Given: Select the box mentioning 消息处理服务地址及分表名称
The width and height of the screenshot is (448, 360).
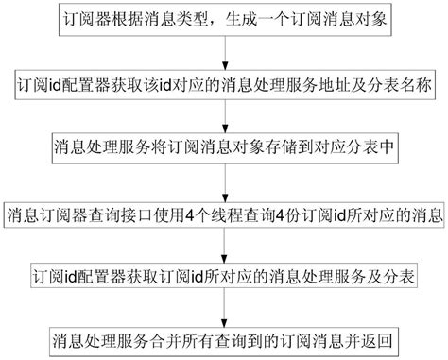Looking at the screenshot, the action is click(x=223, y=84).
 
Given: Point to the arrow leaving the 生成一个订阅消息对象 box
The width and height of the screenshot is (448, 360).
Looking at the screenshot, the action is click(x=223, y=54).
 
